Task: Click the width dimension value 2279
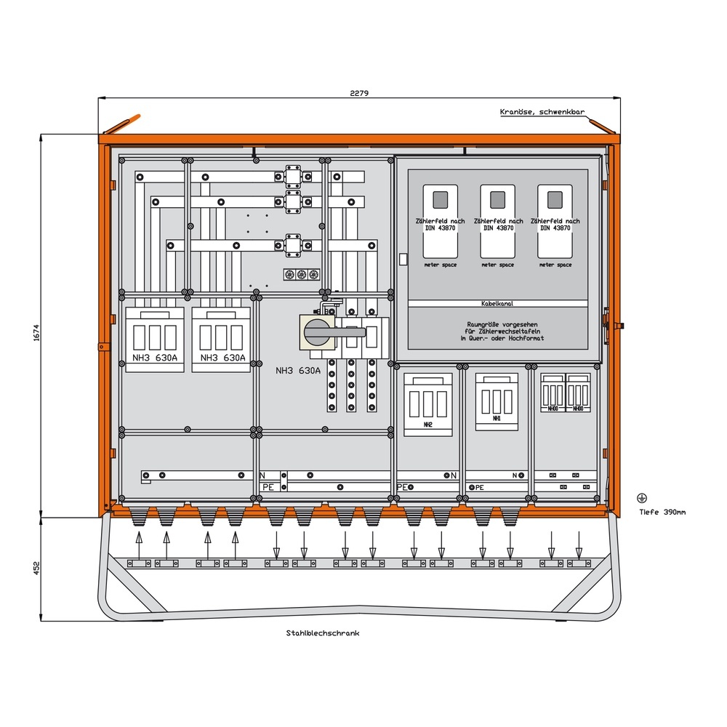(x=360, y=93)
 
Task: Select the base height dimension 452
(x=35, y=568)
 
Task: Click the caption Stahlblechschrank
(x=323, y=633)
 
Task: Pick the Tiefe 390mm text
(x=662, y=512)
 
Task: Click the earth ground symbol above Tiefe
(x=641, y=498)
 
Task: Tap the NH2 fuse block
(x=428, y=405)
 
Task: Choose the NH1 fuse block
(x=497, y=402)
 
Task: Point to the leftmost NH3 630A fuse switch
(x=154, y=340)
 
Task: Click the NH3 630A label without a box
(x=298, y=371)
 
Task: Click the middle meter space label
(x=497, y=265)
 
